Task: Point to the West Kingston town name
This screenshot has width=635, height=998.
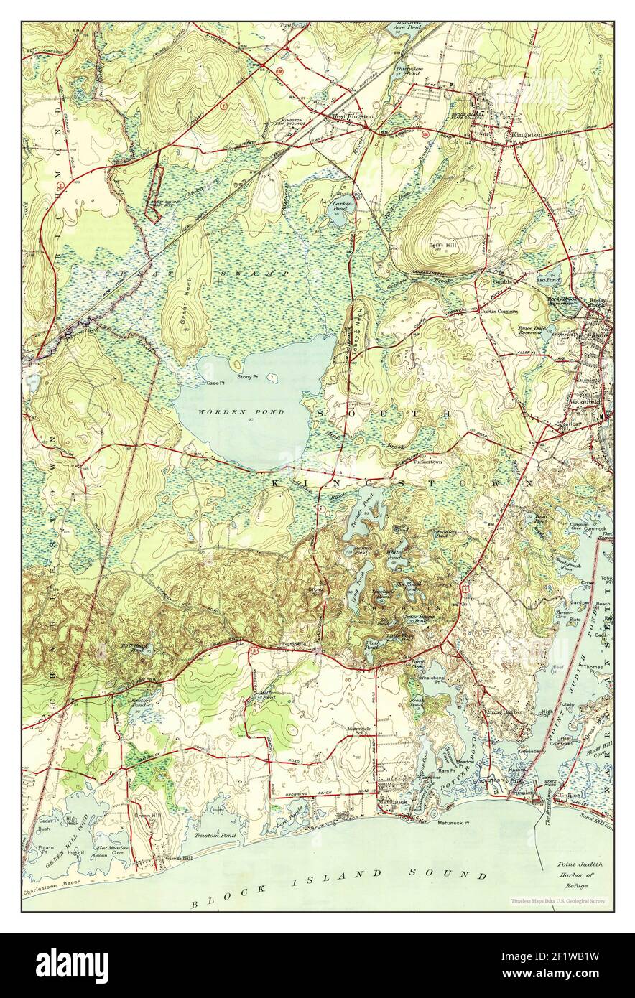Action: tap(351, 116)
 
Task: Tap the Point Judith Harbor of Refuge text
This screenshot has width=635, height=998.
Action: tap(579, 876)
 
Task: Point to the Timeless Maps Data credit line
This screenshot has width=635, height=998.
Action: tap(557, 900)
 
